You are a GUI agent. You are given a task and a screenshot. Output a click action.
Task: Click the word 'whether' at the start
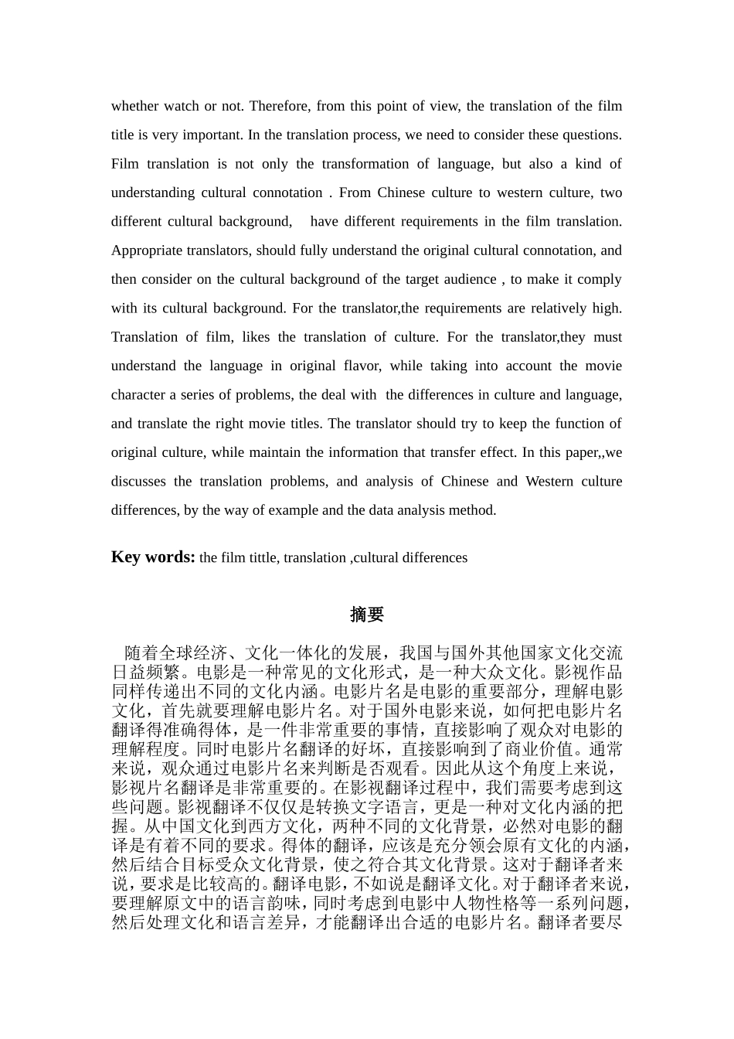pyautogui.click(x=134, y=106)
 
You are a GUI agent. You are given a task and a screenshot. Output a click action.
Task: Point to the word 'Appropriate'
pyautogui.click(x=147, y=250)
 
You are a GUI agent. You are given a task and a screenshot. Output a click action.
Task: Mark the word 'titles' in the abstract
pyautogui.click(x=310, y=424)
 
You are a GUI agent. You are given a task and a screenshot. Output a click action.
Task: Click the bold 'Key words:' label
pyautogui.click(x=153, y=557)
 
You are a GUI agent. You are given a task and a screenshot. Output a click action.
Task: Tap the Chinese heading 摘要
pyautogui.click(x=367, y=615)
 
